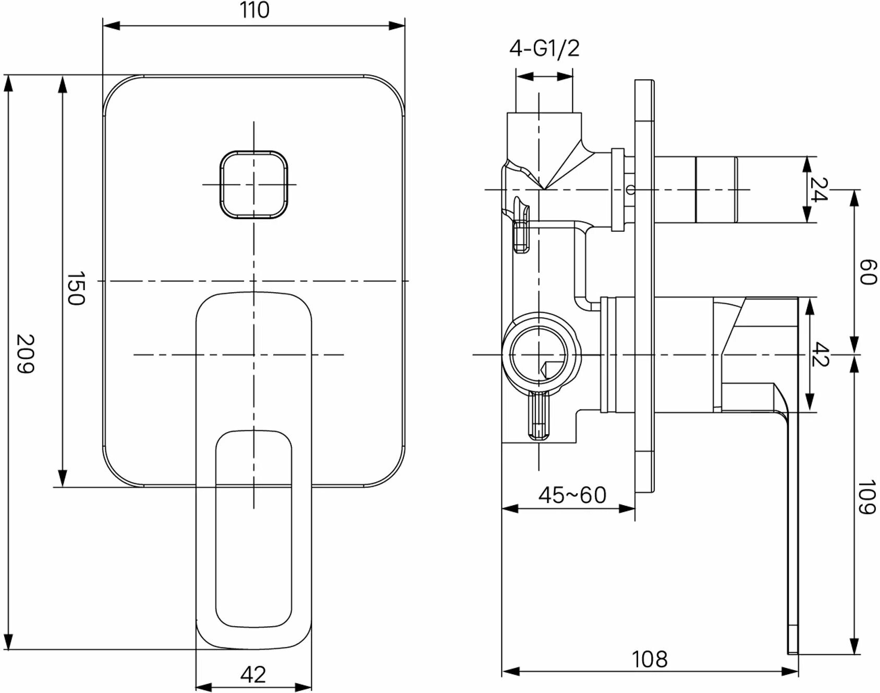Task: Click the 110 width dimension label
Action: (x=255, y=10)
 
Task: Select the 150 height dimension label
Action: (x=76, y=288)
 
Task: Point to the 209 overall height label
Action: (x=25, y=354)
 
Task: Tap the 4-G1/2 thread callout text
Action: (x=544, y=49)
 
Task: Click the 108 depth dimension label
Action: (x=650, y=660)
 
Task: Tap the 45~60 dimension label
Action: (x=572, y=495)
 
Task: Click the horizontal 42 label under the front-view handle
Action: (x=253, y=675)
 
